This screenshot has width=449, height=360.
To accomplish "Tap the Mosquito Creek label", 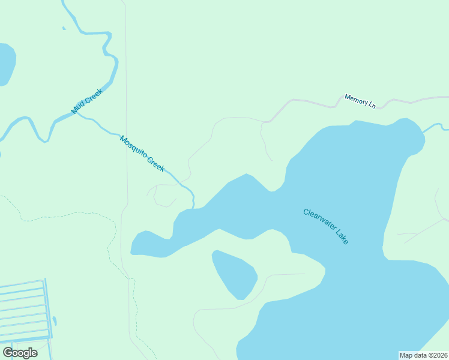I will (x=142, y=154).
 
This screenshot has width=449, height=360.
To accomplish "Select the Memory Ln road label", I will (x=360, y=101).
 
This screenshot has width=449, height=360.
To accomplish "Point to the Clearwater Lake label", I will (x=325, y=226).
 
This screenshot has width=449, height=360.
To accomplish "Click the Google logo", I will (x=20, y=353).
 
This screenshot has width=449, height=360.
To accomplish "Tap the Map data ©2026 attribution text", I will (x=423, y=355).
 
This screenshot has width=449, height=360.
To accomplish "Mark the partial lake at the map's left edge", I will (x=5, y=63).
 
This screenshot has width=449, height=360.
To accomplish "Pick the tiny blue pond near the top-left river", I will (x=64, y=28).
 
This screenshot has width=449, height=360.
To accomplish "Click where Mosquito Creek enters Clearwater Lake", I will (x=193, y=208).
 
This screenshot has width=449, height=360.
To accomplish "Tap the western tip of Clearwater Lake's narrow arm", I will (x=133, y=248).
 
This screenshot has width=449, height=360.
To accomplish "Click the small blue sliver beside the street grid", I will (x=55, y=321).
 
